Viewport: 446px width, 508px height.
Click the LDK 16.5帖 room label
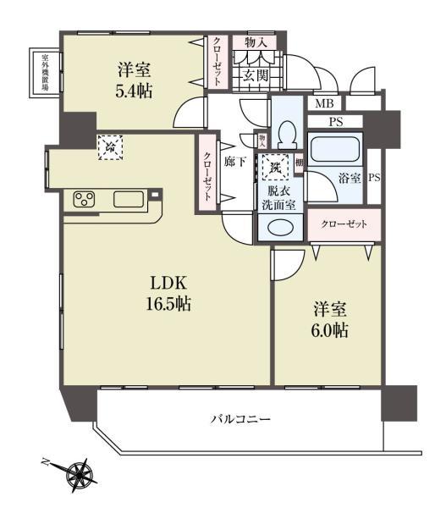pos(170,292)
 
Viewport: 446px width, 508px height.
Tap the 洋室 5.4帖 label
pos(135,80)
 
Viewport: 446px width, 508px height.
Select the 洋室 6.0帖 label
pos(328,319)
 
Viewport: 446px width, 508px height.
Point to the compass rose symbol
pos(80,471)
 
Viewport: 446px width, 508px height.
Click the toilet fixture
pos(286,135)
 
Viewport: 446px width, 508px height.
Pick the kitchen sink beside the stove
pos(128,200)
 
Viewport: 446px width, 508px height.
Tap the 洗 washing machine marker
pos(277,167)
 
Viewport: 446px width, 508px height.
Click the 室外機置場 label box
pos(44,72)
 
